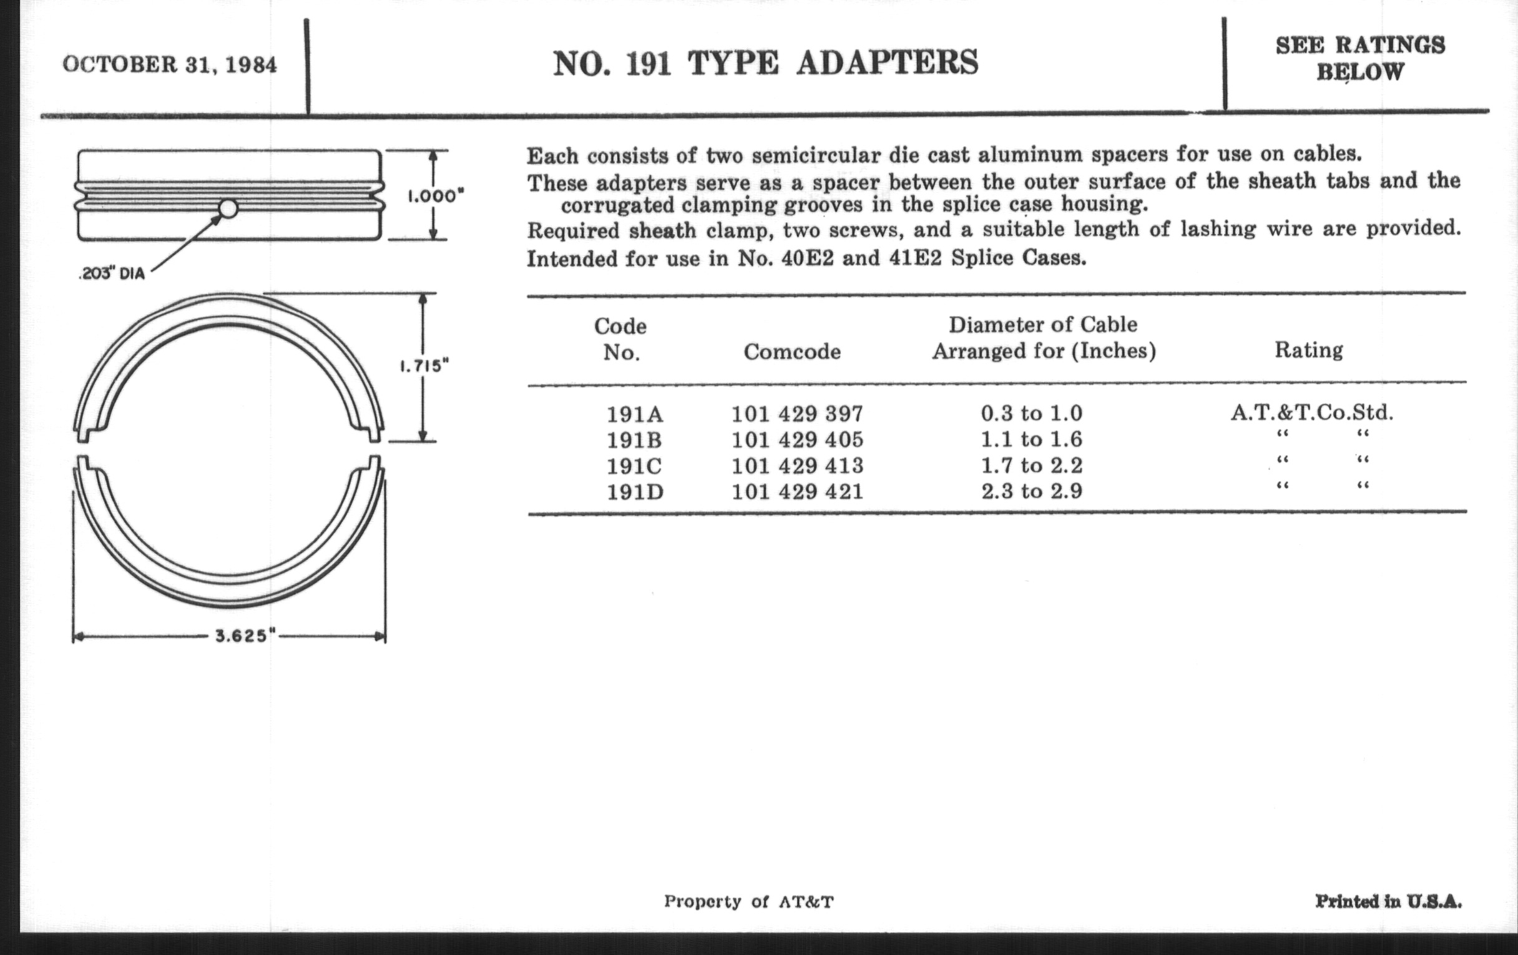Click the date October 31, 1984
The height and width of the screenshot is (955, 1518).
(x=170, y=65)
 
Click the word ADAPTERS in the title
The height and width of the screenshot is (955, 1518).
(x=887, y=64)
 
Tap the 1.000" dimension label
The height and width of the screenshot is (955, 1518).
(x=436, y=196)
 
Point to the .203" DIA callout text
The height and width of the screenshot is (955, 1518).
(x=112, y=274)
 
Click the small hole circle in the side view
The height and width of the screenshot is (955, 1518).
(x=228, y=208)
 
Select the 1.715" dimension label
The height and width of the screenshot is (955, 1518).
(x=424, y=366)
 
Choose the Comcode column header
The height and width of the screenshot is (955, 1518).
(x=792, y=352)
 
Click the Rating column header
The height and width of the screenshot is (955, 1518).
(x=1309, y=350)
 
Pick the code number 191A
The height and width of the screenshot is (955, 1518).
(x=635, y=414)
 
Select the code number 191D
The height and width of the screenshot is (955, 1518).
(x=635, y=492)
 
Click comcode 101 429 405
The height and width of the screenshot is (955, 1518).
(x=797, y=439)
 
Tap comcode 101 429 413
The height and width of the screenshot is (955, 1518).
(x=797, y=466)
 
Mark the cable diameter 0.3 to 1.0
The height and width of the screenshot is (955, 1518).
(x=1031, y=413)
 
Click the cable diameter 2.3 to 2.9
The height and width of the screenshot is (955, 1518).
(x=1031, y=491)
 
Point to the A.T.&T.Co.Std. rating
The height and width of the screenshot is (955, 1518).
(x=1312, y=412)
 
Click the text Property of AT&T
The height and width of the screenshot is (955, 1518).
(x=748, y=901)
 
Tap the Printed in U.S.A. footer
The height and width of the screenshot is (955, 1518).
(x=1388, y=901)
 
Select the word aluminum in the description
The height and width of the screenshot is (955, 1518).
(x=1028, y=154)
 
